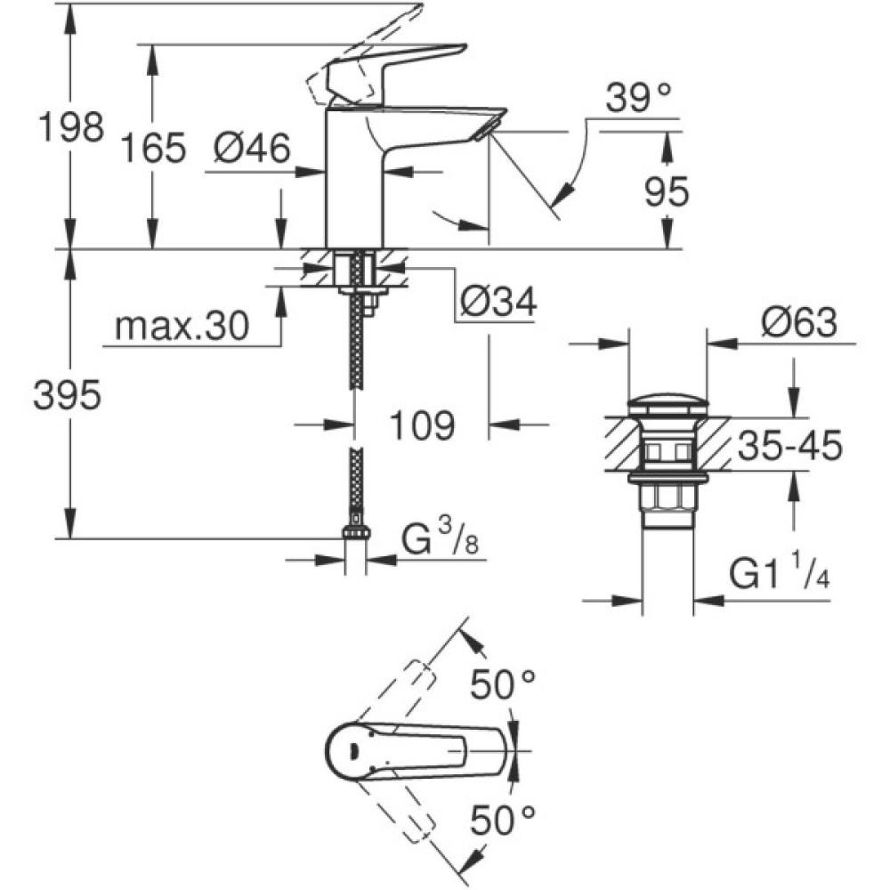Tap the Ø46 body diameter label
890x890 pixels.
point(252,148)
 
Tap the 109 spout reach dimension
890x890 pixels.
point(420,425)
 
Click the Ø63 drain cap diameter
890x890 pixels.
point(798,325)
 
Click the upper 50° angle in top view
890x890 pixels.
point(504,685)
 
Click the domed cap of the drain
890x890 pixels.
point(667,403)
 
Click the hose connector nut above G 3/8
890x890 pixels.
point(356,532)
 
